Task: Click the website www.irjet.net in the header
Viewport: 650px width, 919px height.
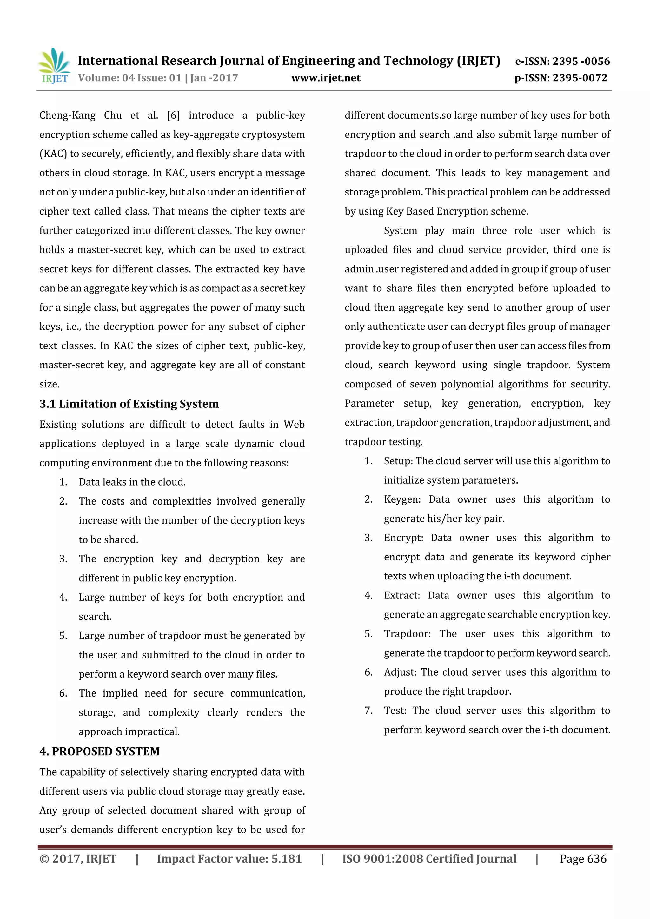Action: tap(326, 78)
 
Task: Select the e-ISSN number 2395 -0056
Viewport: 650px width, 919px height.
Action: tap(581, 61)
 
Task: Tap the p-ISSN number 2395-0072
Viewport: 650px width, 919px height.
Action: tap(580, 78)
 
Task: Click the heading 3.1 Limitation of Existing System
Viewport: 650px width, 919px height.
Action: tap(129, 404)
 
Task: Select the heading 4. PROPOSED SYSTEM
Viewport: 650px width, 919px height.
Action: tap(99, 751)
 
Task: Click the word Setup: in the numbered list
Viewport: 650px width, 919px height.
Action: tap(398, 461)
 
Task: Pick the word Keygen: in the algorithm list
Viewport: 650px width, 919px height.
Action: tap(402, 499)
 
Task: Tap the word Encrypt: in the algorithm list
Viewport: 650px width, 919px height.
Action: tap(403, 538)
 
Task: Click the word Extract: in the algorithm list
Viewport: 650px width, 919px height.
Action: tap(401, 596)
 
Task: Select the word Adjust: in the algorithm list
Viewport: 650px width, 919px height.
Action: tap(400, 672)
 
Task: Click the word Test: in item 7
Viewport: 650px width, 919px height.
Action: tap(395, 711)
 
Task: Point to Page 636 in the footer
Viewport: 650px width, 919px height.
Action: tap(583, 859)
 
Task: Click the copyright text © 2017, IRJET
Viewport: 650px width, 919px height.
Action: tap(78, 859)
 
